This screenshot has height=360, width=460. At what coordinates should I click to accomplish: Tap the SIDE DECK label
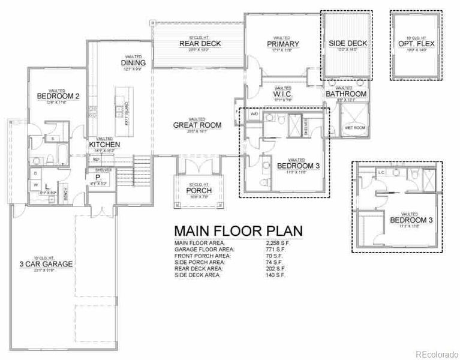point(347,44)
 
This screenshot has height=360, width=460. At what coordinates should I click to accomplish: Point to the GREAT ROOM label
point(197,125)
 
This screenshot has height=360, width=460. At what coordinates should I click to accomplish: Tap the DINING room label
point(133,63)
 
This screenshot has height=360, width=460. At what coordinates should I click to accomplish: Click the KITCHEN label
point(104,145)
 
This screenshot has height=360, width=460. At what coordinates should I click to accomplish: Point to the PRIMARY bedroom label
point(282,44)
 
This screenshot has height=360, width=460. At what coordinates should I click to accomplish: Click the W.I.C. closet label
point(282,94)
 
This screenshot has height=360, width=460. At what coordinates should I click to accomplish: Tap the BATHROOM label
point(346,94)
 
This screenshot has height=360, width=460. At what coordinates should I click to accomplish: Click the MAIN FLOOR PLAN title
point(237,231)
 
